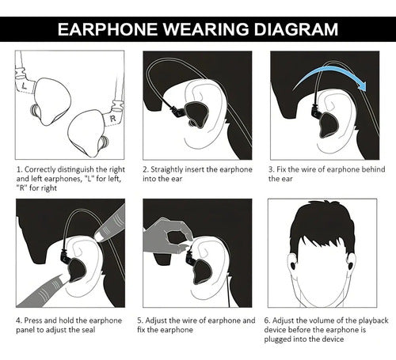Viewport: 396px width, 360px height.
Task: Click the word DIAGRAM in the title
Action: coord(295,29)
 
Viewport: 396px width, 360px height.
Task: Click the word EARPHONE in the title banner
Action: coord(108,29)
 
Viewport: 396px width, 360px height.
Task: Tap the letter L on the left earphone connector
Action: coord(25,85)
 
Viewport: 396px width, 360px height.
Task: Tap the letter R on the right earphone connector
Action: coord(113,119)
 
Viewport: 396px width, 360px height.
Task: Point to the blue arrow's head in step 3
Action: coord(363,85)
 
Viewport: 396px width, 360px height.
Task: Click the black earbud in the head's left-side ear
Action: coord(293,265)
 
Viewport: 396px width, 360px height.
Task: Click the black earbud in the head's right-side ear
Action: coord(352,265)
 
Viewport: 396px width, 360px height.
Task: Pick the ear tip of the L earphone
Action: coord(34,110)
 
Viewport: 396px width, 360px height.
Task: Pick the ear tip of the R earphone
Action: coord(104,144)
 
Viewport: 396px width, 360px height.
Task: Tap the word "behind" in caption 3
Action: coord(373,169)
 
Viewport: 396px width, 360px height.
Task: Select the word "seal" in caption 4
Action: coord(88,330)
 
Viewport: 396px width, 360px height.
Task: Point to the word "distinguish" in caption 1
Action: coord(72,169)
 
